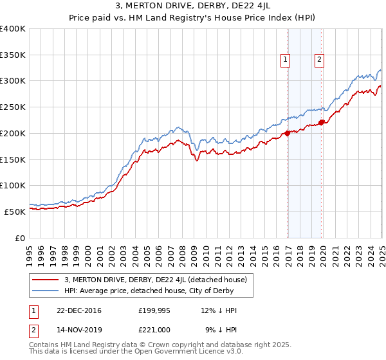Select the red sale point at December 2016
[287, 134]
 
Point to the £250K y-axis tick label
[13, 107]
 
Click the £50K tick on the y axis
[15, 211]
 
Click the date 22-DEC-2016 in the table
[79, 310]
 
